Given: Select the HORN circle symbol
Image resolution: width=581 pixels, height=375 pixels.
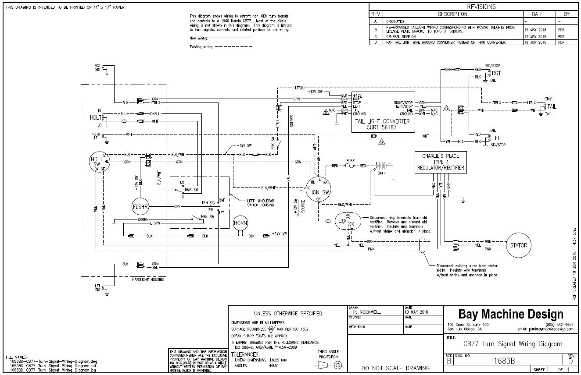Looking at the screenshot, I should [240, 223].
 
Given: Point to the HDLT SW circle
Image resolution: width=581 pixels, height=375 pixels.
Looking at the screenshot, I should [96, 163].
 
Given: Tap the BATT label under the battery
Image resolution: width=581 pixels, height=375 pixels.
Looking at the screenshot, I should [381, 174].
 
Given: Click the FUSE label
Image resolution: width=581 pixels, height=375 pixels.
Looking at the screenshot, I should [350, 160].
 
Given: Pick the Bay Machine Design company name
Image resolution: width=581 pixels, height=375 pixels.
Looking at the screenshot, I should [510, 314].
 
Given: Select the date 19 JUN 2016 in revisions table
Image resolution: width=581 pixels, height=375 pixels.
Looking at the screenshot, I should [535, 42].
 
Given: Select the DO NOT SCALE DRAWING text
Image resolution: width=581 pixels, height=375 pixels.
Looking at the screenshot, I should [395, 368].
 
